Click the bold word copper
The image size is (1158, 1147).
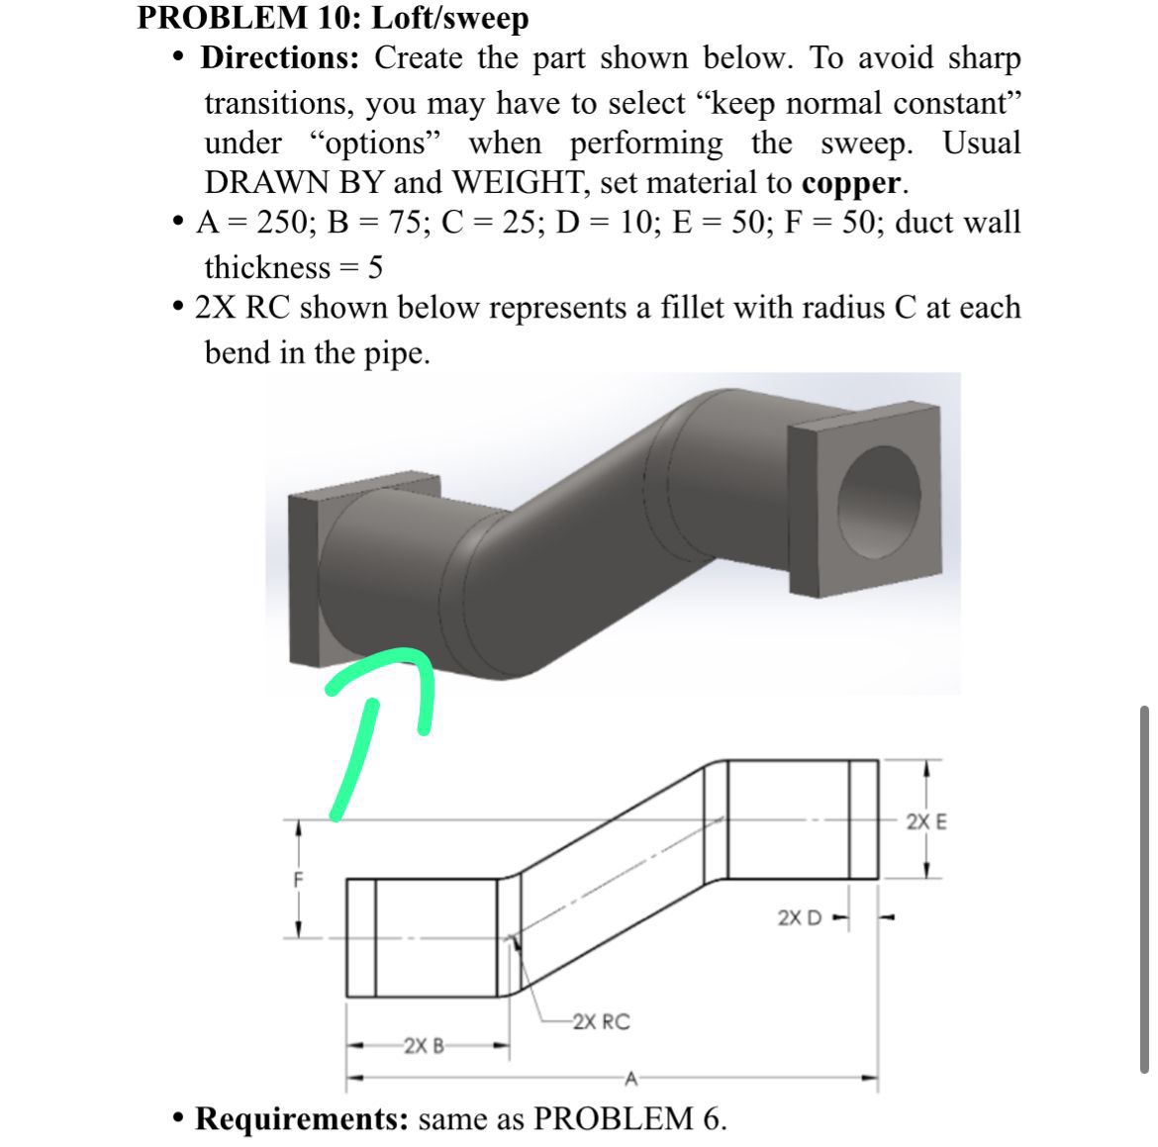853,184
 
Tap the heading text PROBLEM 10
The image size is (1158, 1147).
248,18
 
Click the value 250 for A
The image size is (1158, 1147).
282,222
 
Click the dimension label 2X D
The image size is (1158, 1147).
800,917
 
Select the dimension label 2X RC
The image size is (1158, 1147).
601,1021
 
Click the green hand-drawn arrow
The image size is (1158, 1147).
376,713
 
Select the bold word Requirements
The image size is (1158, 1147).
302,1119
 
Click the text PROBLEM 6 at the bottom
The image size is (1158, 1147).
628,1119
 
